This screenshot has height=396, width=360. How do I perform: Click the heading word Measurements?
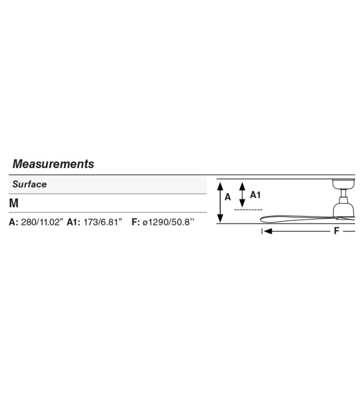[x=53, y=164]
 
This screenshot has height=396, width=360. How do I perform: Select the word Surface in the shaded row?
[x=29, y=184]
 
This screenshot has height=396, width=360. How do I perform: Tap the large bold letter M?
[x=14, y=203]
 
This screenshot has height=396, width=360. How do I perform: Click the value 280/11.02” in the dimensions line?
[x=42, y=222]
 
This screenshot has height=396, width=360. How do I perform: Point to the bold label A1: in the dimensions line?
[x=74, y=222]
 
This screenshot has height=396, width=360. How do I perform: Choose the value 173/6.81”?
[x=103, y=222]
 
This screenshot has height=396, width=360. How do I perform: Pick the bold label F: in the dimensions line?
[x=136, y=222]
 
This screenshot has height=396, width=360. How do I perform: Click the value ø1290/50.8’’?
[x=169, y=222]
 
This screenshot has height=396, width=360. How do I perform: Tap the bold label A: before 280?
[x=14, y=222]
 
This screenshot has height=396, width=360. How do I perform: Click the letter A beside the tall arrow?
[x=227, y=197]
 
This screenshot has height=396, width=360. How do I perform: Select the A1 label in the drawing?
[x=255, y=195]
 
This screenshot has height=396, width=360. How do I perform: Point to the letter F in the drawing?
[x=336, y=231]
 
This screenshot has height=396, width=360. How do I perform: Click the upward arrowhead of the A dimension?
[x=220, y=186]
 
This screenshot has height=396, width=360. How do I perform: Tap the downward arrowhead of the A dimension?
[x=220, y=218]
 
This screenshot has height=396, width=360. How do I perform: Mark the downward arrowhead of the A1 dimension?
[x=242, y=203]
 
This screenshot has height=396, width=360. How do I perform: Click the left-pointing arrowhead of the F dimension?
[x=268, y=231]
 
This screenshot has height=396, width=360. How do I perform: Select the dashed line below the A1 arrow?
[x=248, y=209]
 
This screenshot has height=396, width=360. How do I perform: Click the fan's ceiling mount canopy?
[x=344, y=184]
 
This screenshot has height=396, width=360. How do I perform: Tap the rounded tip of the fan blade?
[x=262, y=220]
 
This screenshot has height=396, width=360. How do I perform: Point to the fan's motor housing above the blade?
[x=344, y=209]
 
